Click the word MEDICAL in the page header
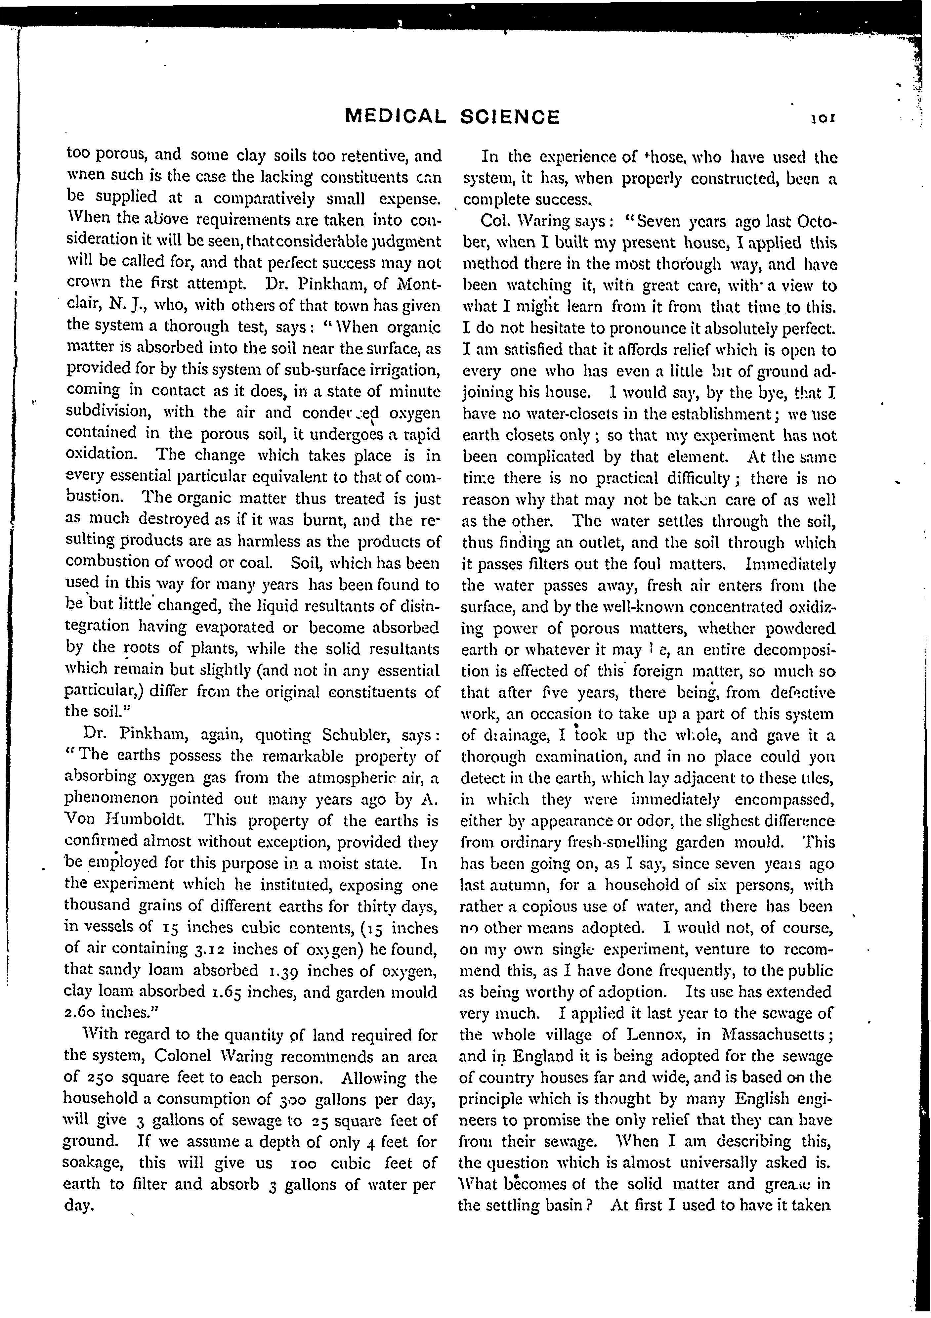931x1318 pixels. coord(395,118)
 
